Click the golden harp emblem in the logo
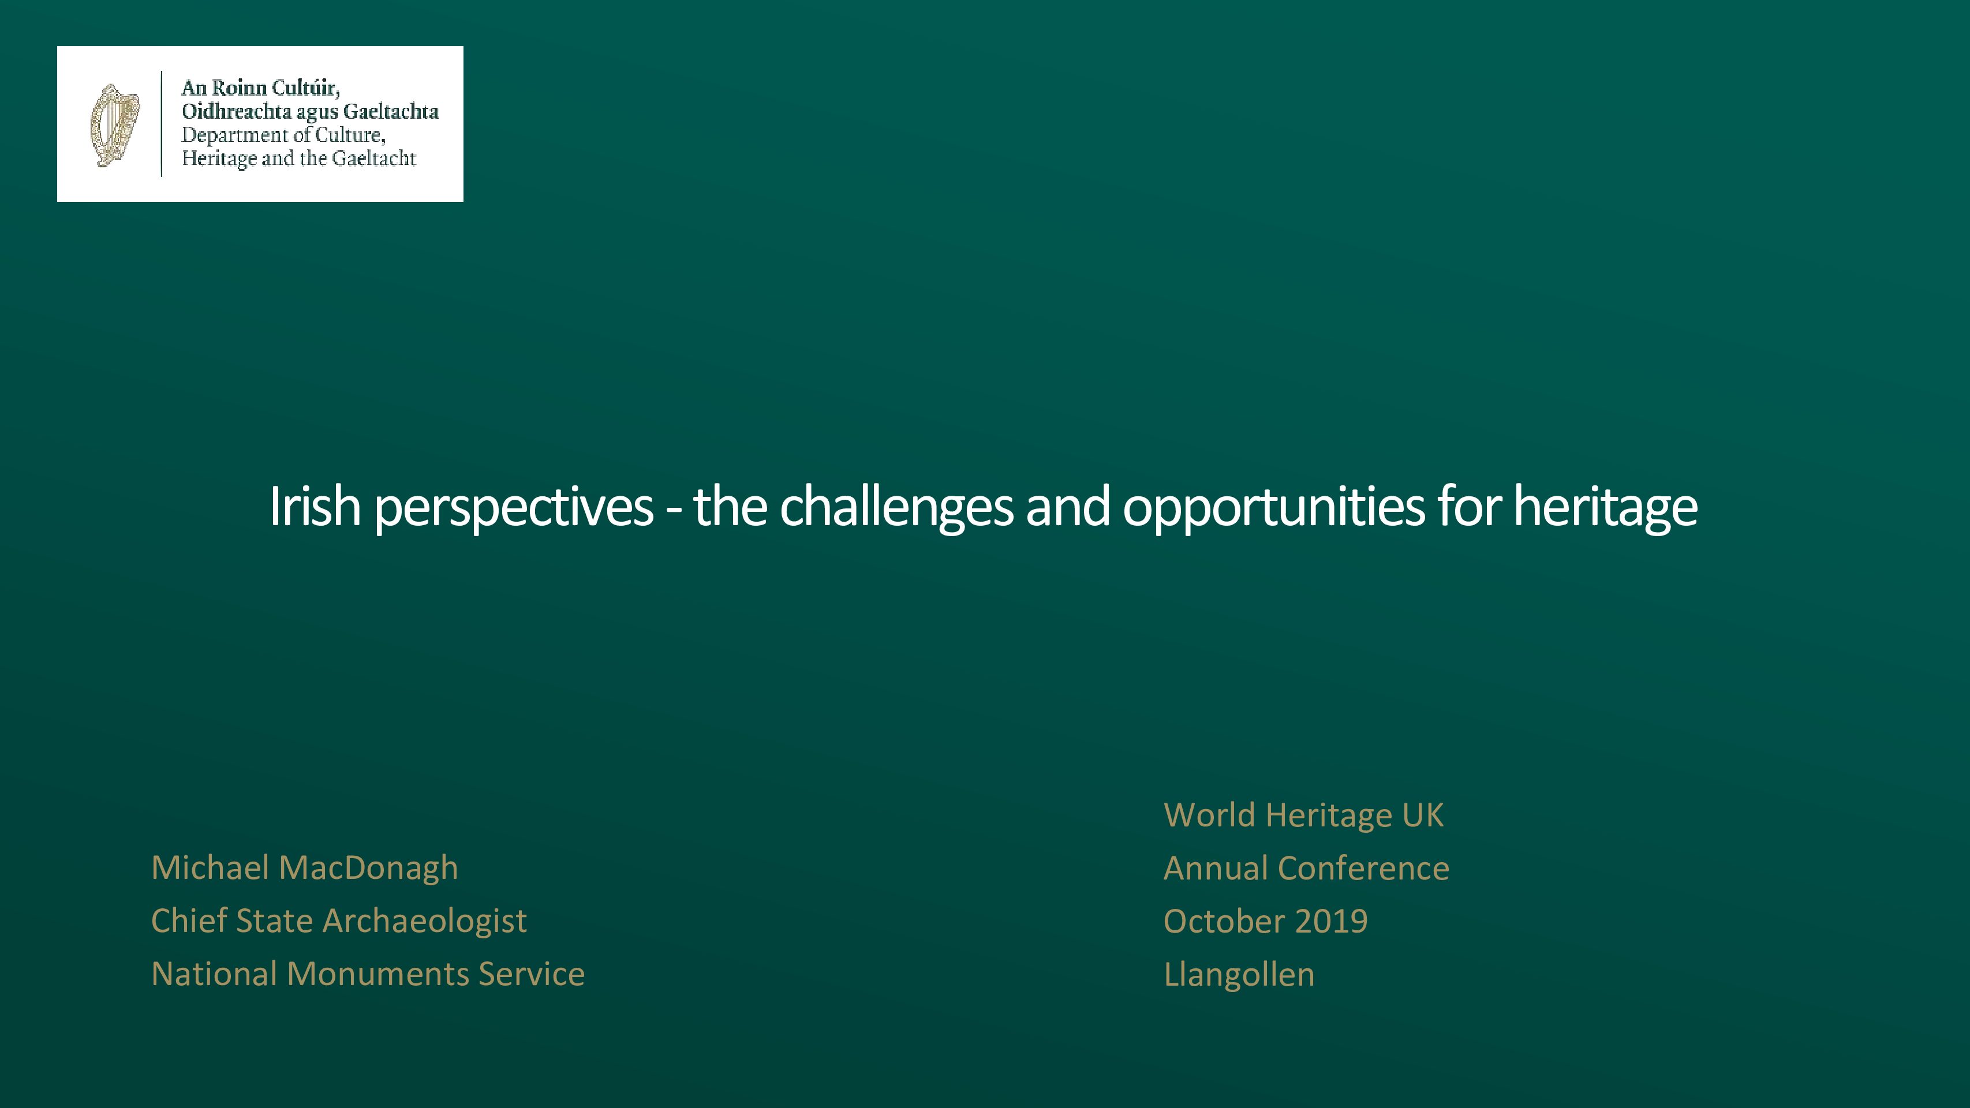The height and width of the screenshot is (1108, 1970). click(115, 125)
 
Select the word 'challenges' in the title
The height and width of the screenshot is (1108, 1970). click(896, 509)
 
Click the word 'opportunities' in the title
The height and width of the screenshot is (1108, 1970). click(1274, 509)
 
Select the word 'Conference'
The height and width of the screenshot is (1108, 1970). click(1363, 869)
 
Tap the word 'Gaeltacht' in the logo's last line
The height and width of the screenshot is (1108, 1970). click(374, 158)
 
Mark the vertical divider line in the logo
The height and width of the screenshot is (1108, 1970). click(162, 124)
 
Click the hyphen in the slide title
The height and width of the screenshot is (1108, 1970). click(674, 512)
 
